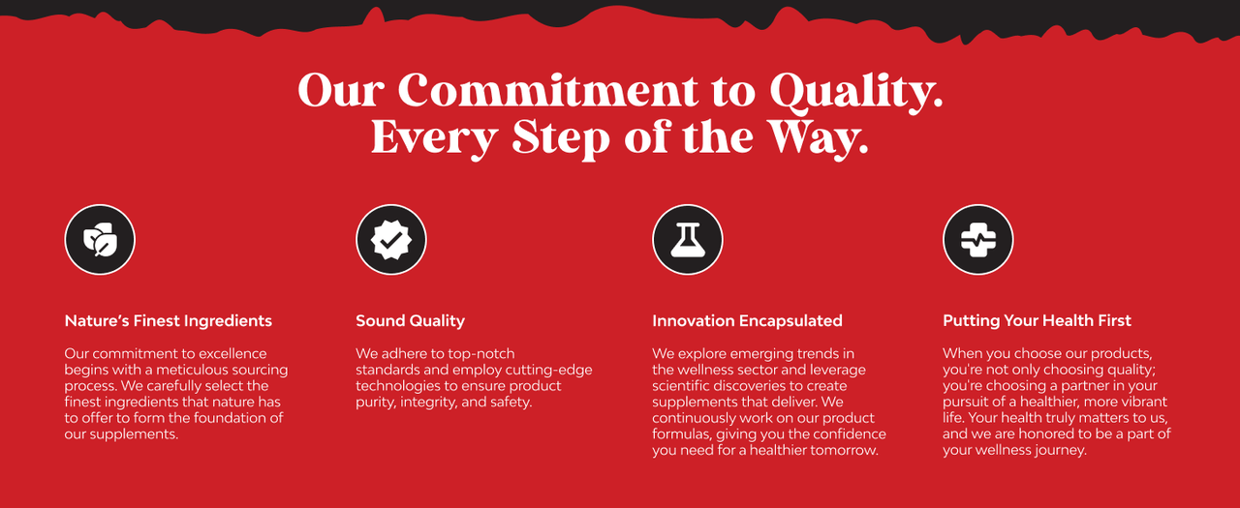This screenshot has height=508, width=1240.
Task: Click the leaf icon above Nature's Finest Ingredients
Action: click(100, 239)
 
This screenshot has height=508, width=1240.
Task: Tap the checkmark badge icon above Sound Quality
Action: click(390, 239)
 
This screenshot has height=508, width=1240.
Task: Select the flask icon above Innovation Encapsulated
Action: click(688, 239)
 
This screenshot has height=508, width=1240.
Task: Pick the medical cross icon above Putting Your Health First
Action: click(978, 239)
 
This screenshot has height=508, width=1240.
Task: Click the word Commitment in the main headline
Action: click(548, 90)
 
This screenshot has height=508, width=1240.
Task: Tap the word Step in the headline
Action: click(561, 138)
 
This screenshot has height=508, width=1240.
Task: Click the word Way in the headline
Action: click(820, 138)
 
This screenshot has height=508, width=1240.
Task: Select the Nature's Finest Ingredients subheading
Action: click(169, 320)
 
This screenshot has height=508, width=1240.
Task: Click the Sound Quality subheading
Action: click(410, 321)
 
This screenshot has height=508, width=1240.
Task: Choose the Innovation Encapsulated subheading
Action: click(747, 321)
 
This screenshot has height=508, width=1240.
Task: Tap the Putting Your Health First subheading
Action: click(1037, 321)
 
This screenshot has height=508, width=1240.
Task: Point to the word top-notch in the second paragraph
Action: click(481, 354)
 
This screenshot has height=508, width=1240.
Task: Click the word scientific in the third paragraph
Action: click(684, 386)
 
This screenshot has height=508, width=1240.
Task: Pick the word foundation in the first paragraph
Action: click(233, 418)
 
